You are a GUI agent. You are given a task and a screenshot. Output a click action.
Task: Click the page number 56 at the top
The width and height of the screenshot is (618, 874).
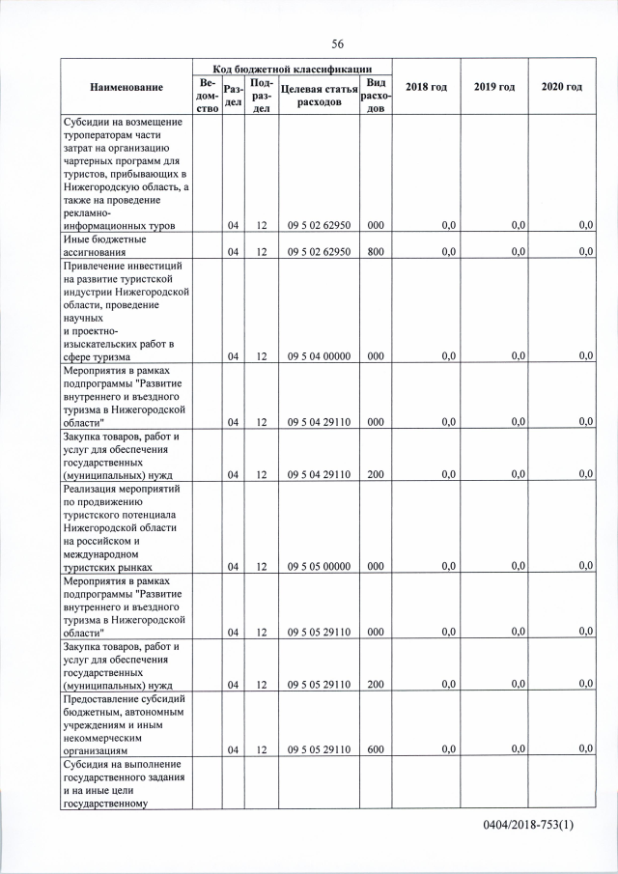(x=338, y=43)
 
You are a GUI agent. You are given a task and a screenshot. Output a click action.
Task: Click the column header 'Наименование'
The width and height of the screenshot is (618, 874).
(x=126, y=88)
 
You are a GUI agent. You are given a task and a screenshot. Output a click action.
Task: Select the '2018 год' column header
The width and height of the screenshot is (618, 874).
(x=426, y=88)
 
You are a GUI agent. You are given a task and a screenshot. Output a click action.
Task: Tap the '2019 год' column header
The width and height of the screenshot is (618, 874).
(x=493, y=88)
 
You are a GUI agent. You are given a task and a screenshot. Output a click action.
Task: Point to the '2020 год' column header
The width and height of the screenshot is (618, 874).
(x=561, y=88)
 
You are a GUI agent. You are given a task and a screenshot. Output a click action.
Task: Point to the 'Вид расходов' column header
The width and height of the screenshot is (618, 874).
(x=376, y=95)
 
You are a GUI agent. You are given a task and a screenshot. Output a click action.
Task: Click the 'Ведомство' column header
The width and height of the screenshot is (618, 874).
(x=207, y=95)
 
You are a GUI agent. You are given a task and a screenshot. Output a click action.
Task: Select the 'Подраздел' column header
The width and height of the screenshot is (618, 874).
(x=261, y=95)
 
